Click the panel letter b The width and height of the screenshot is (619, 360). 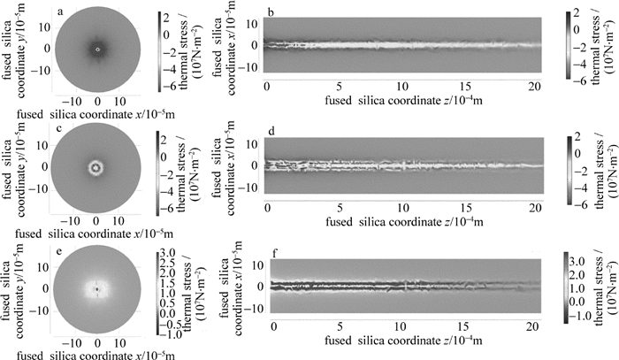(271, 11)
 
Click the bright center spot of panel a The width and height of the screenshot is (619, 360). (97, 50)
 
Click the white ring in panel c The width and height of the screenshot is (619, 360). (96, 165)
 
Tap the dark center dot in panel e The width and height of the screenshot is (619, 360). (96, 287)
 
